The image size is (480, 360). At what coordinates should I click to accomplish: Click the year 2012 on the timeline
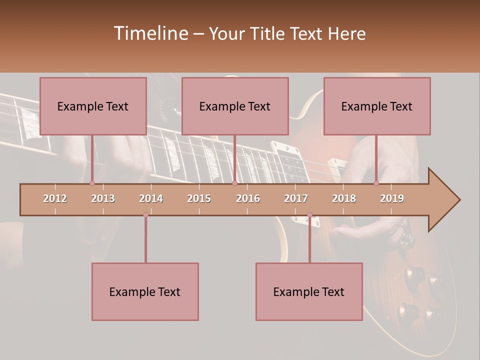pyautogui.click(x=55, y=198)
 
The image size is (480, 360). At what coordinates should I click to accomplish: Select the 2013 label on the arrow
pyautogui.click(x=103, y=198)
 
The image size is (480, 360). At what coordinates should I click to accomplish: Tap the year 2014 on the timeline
pyautogui.click(x=151, y=198)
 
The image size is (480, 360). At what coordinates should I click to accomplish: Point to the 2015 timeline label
pyautogui.click(x=199, y=198)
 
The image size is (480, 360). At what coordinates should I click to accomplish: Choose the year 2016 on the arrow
pyautogui.click(x=248, y=198)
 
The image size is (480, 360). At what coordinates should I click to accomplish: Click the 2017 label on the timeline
pyautogui.click(x=296, y=198)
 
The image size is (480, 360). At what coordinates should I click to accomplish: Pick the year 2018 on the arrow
pyautogui.click(x=344, y=198)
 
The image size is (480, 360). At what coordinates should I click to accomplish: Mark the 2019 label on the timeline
pyautogui.click(x=392, y=198)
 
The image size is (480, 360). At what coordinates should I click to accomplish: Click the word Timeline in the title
pyautogui.click(x=150, y=33)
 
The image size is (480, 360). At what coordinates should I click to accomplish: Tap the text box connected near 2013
pyautogui.click(x=93, y=106)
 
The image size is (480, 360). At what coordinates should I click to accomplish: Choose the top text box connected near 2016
pyautogui.click(x=235, y=106)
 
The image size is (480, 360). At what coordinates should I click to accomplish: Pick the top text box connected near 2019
pyautogui.click(x=377, y=106)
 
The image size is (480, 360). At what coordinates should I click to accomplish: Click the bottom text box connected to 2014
pyautogui.click(x=145, y=291)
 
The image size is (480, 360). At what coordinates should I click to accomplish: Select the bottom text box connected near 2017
pyautogui.click(x=309, y=291)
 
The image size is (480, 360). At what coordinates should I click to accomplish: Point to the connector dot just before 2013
pyautogui.click(x=92, y=183)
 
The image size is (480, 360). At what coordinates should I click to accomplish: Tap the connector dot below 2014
pyautogui.click(x=145, y=214)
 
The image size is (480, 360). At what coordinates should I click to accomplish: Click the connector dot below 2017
pyautogui.click(x=309, y=215)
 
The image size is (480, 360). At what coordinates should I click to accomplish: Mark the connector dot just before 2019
pyautogui.click(x=376, y=183)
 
